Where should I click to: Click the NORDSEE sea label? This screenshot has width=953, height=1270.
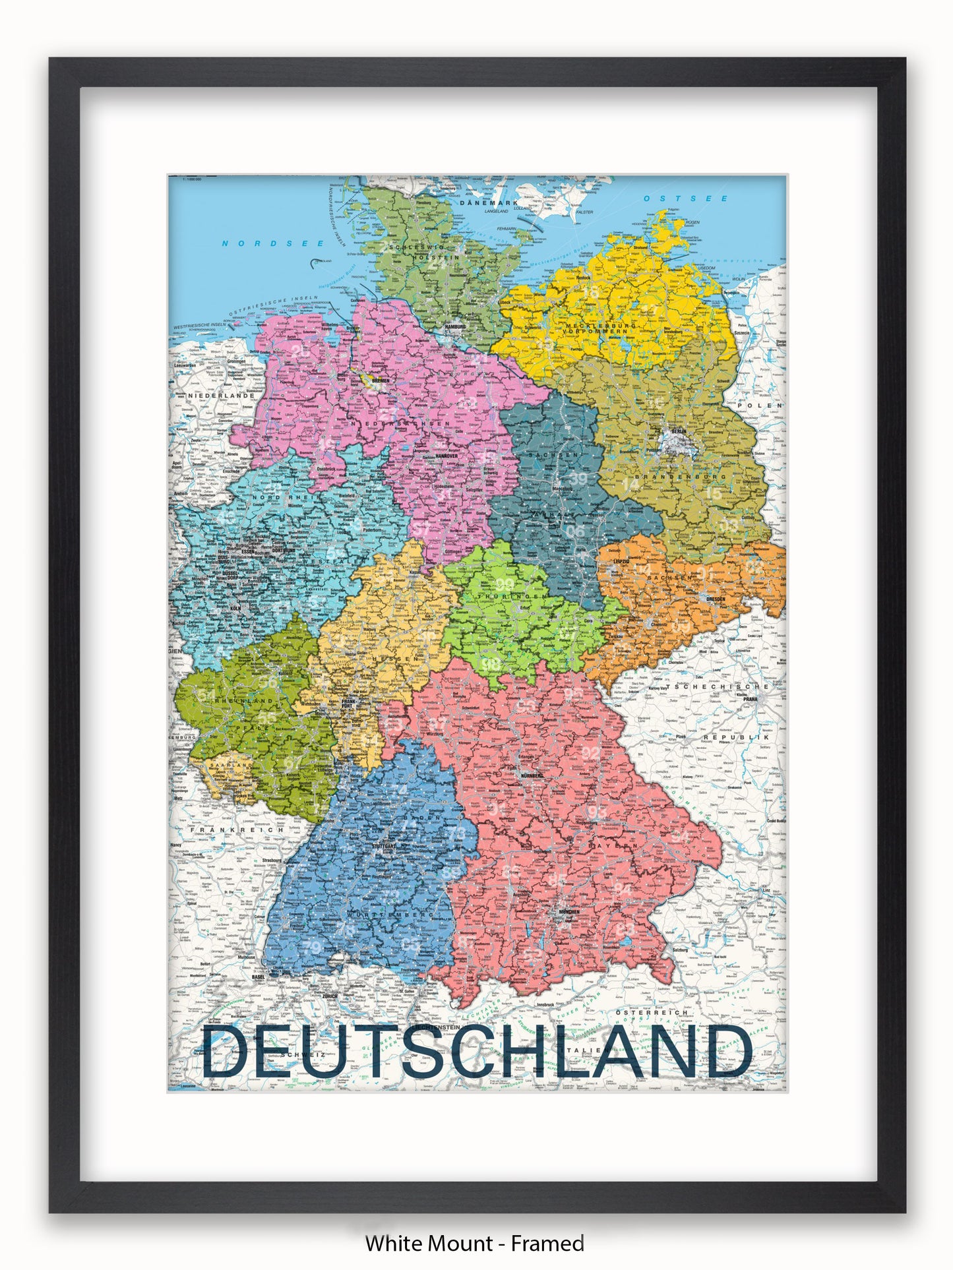[272, 243]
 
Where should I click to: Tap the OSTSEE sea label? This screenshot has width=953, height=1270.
[686, 198]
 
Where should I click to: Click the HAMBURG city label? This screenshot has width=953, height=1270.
[455, 327]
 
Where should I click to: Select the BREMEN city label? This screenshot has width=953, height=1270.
[381, 380]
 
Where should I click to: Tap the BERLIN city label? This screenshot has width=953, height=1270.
[678, 432]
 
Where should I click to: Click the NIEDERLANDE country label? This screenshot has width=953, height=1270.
[221, 396]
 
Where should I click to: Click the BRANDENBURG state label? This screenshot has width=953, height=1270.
[680, 476]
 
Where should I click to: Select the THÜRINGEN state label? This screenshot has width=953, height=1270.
[522, 596]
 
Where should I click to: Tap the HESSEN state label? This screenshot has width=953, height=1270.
[396, 659]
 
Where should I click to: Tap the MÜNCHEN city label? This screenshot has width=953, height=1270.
[569, 912]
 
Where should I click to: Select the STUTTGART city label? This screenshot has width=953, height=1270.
[385, 845]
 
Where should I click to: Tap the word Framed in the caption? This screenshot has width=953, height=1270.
[547, 1244]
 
